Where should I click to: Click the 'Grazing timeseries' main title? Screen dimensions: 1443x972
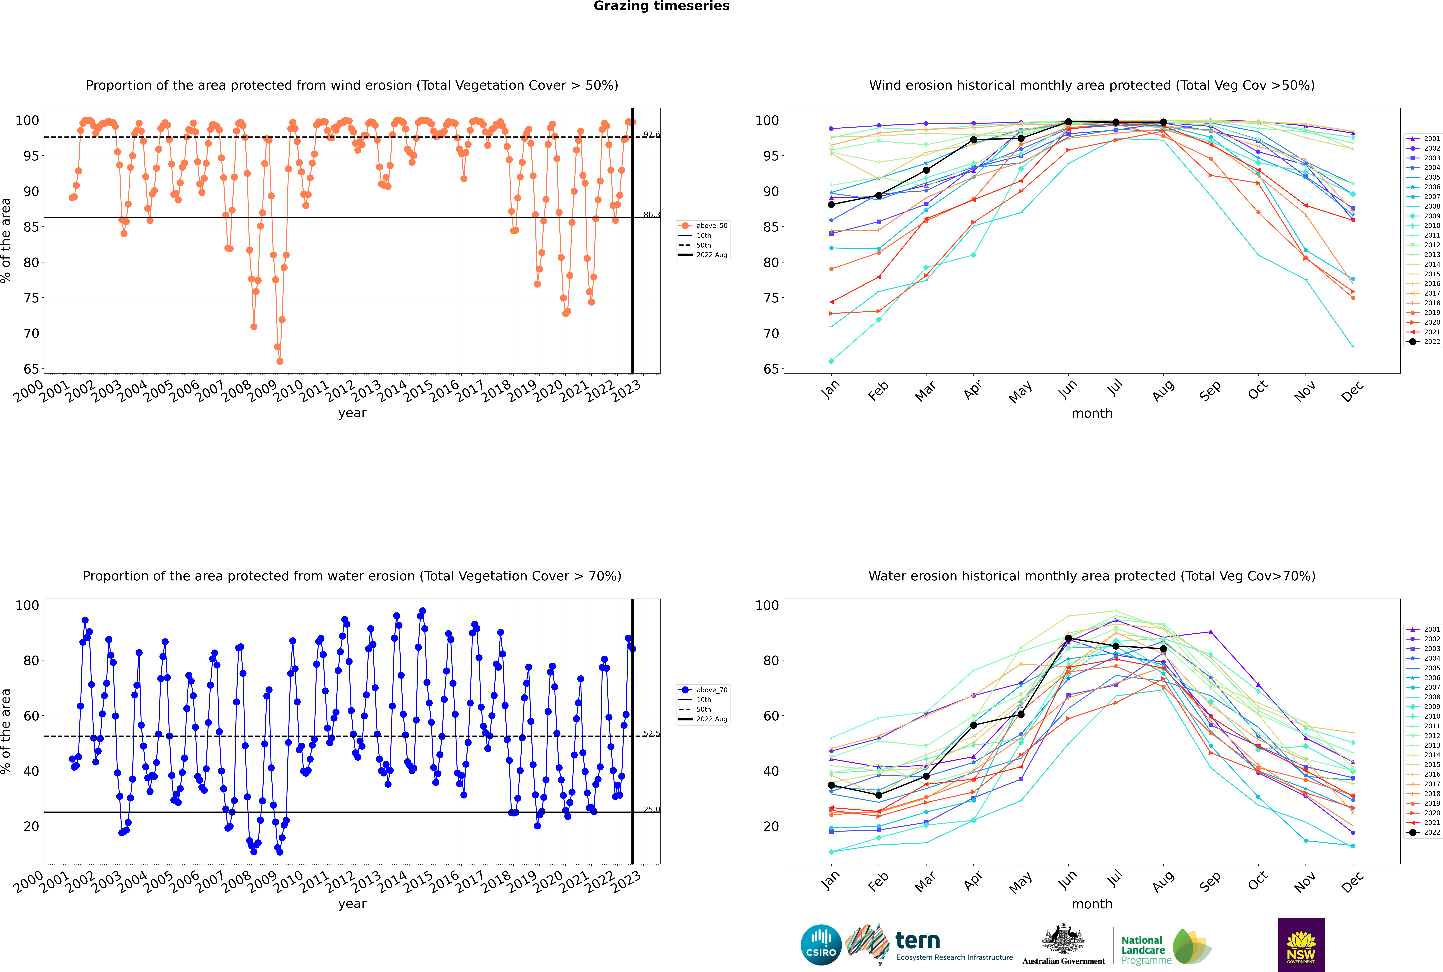tap(661, 6)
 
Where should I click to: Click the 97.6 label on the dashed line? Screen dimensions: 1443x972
tap(651, 134)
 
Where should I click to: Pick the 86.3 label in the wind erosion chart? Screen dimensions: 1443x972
tap(651, 214)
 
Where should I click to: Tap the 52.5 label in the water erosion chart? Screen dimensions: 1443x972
tap(651, 733)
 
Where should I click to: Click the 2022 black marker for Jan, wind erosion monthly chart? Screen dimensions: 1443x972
tap(831, 205)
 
